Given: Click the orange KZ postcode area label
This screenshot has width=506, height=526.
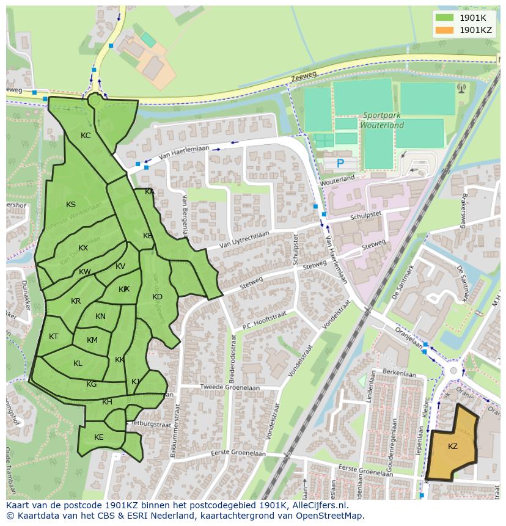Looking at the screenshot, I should tap(453, 447).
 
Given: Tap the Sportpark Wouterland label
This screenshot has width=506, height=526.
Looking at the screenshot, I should tap(383, 120).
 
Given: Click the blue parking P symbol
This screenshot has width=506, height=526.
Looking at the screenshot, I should tap(340, 163).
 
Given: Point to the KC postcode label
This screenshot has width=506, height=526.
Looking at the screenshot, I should tap(86, 136).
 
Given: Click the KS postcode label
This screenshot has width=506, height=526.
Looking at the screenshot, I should tap(71, 205).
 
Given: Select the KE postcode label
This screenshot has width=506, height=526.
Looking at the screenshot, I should tap(99, 437).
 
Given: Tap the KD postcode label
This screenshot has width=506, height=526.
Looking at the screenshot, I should tap(157, 297).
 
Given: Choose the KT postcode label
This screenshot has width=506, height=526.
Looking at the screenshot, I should tap(53, 337).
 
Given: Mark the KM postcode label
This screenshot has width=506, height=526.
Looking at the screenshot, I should tap(92, 340).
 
